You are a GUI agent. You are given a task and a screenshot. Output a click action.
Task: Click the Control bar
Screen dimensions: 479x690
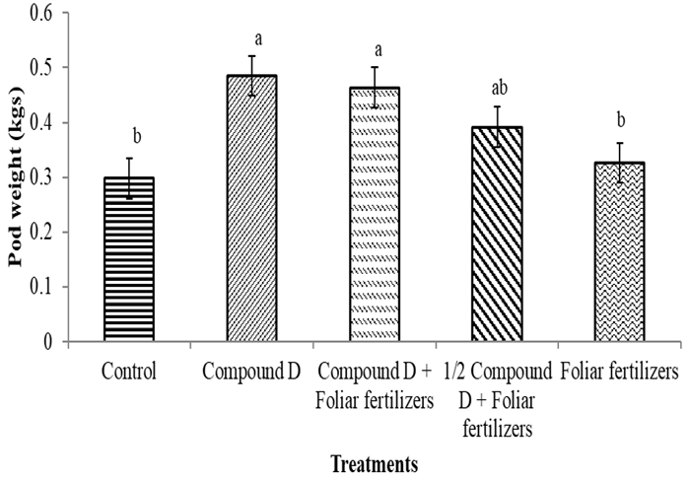[130, 260]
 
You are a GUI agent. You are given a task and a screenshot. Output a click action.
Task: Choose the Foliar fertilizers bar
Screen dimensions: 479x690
[620, 252]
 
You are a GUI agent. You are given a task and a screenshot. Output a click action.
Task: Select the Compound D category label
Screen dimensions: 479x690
[253, 373]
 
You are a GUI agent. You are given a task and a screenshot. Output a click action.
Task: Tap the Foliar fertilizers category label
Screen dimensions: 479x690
[619, 373]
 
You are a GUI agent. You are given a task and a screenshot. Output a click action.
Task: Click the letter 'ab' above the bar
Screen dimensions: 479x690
[498, 87]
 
